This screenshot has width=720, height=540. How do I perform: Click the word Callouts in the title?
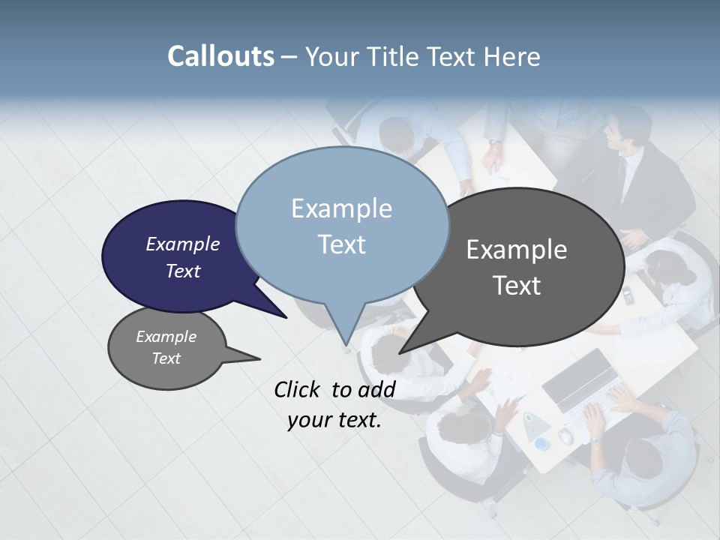pyautogui.click(x=220, y=56)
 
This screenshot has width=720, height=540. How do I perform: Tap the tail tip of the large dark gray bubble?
pyautogui.click(x=400, y=352)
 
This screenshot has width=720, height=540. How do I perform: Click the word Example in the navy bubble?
pyautogui.click(x=183, y=244)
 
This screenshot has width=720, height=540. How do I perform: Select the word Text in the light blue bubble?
pyautogui.click(x=341, y=244)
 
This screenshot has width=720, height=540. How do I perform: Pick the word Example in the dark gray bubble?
pyautogui.click(x=517, y=250)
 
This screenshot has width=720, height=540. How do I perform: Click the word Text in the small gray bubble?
pyautogui.click(x=166, y=358)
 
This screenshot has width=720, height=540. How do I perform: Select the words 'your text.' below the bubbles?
pyautogui.click(x=334, y=420)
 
